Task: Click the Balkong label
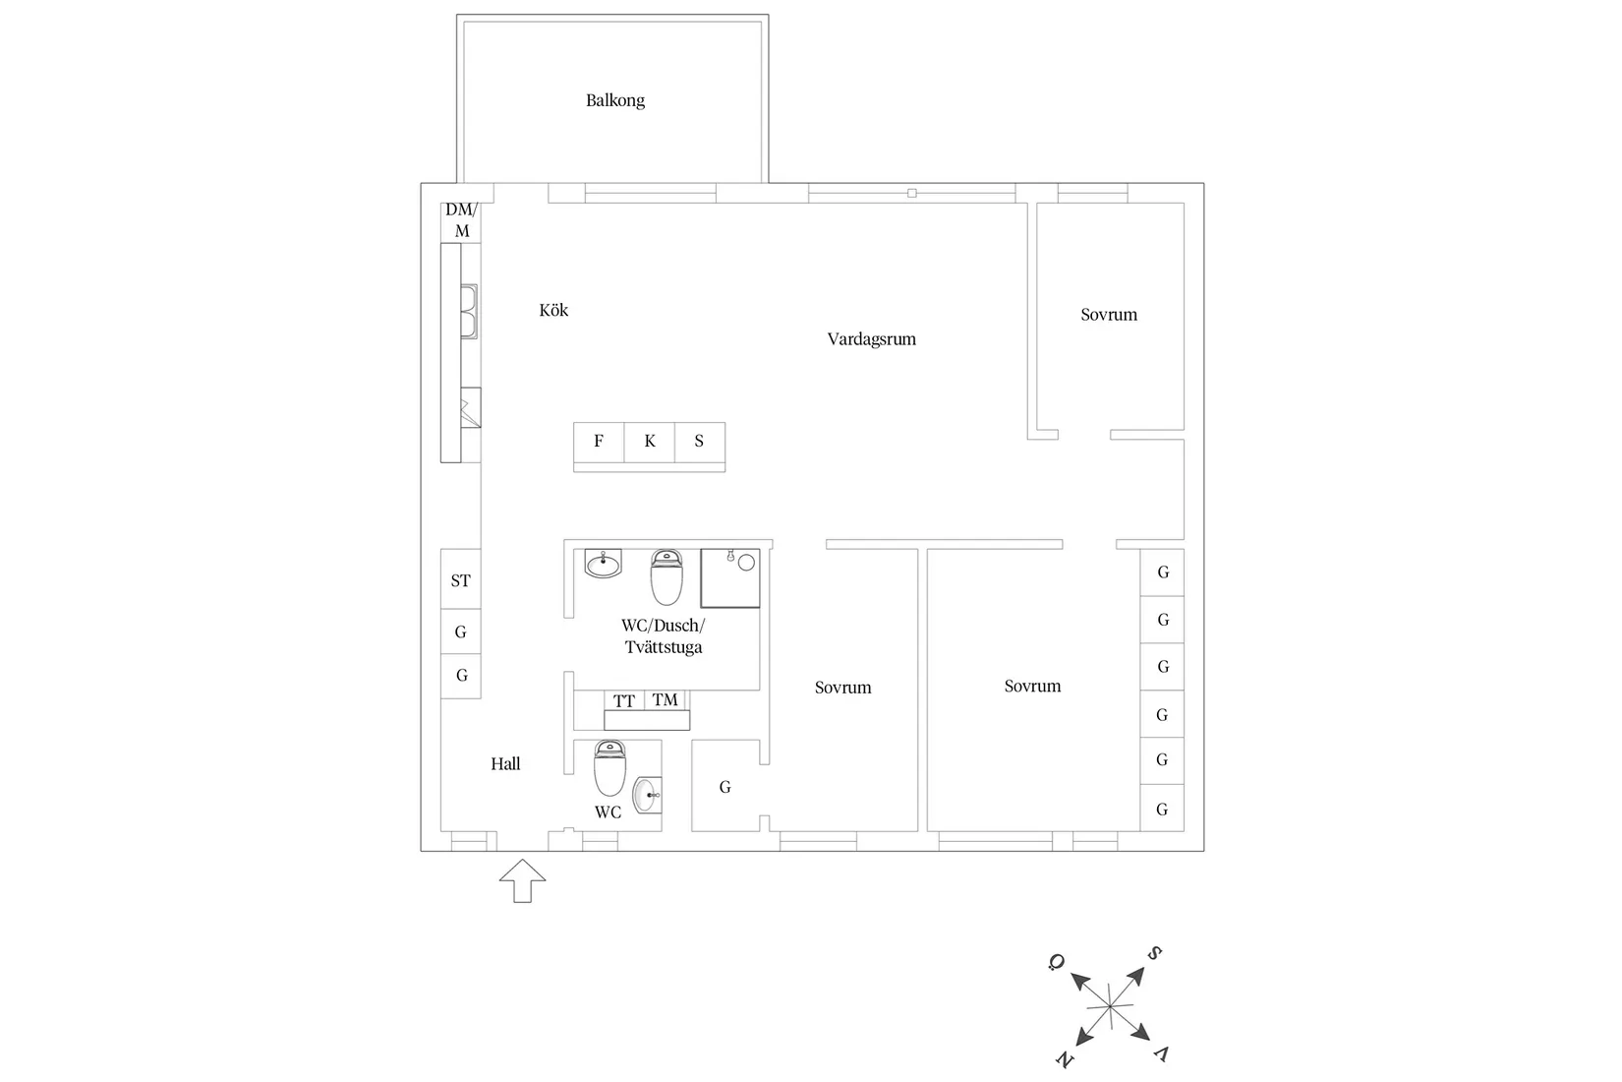pos(614,100)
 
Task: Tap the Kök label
pos(553,310)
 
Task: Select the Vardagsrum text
pos(871,339)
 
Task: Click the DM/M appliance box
pos(461,221)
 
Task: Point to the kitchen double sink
pos(469,312)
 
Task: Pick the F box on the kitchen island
pos(599,442)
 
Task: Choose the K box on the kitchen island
pos(650,442)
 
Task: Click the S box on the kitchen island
pos(700,442)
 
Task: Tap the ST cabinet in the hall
pos(460,579)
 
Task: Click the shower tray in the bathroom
pos(729,578)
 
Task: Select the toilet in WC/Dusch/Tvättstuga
pos(666,576)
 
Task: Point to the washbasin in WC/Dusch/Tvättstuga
pos(604,564)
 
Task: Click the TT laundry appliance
pos(624,700)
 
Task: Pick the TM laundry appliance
pos(666,700)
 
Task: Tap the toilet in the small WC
pos(609,768)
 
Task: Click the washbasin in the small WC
pos(648,795)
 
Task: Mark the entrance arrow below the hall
pos(522,880)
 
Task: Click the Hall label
pos(505,764)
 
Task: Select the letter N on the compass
pos(1065,1060)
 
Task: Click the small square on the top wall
pos(912,193)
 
